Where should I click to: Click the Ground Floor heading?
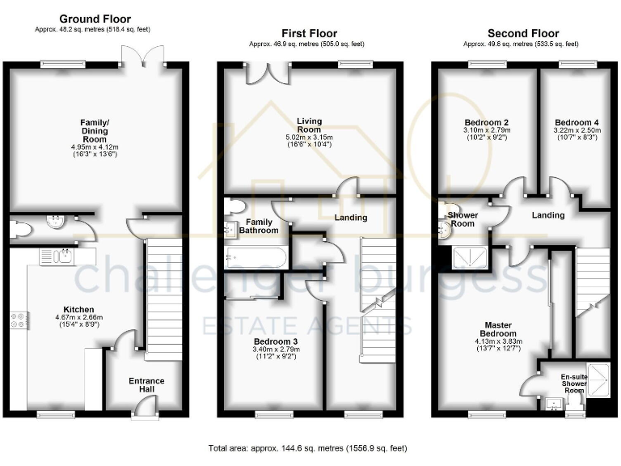click(x=95, y=19)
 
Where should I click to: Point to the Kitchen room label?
click(x=81, y=310)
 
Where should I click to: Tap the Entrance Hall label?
click(x=146, y=385)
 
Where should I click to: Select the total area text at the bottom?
click(x=307, y=447)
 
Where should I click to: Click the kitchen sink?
click(x=61, y=256)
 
